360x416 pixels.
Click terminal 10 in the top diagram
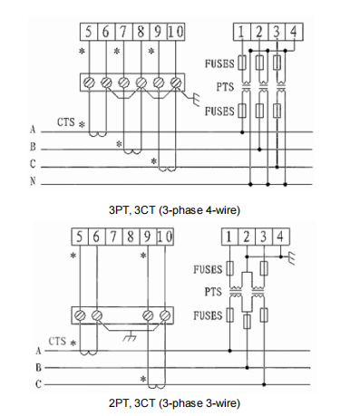coord(176,32)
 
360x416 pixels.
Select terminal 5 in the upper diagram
coord(89,32)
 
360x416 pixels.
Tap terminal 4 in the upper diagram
coord(294,32)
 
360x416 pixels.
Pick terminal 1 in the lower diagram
coord(229,237)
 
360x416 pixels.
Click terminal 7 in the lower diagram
coord(113,237)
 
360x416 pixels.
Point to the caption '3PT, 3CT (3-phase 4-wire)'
coord(174,209)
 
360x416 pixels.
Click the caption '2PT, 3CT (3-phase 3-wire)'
coord(174,402)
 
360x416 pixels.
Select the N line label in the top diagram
coord(33,181)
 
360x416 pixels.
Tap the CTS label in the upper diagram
coord(66,122)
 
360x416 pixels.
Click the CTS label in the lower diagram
coord(57,341)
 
